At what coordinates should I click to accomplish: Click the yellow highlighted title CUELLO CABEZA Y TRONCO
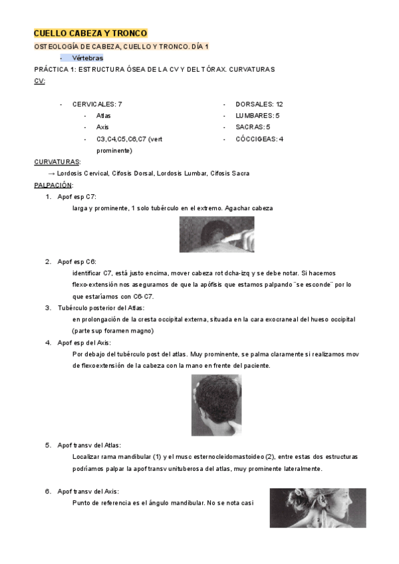90,33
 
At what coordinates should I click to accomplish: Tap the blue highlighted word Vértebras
87,58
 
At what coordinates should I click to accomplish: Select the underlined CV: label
40,80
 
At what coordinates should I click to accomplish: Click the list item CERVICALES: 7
97,104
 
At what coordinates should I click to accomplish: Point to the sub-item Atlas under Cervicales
103,116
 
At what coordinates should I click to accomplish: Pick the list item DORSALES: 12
259,104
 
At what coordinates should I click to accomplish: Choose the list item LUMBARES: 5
257,116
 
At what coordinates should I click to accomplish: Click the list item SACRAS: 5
253,127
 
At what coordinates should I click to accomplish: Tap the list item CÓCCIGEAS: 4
259,139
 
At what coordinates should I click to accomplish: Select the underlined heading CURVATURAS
57,162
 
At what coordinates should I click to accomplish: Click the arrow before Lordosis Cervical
51,174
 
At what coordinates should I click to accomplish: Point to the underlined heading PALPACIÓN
53,185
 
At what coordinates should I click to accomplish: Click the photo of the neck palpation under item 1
216,235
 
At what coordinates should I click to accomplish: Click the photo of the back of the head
216,404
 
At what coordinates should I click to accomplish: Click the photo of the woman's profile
317,507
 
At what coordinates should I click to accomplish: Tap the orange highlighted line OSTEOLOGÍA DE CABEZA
121,47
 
